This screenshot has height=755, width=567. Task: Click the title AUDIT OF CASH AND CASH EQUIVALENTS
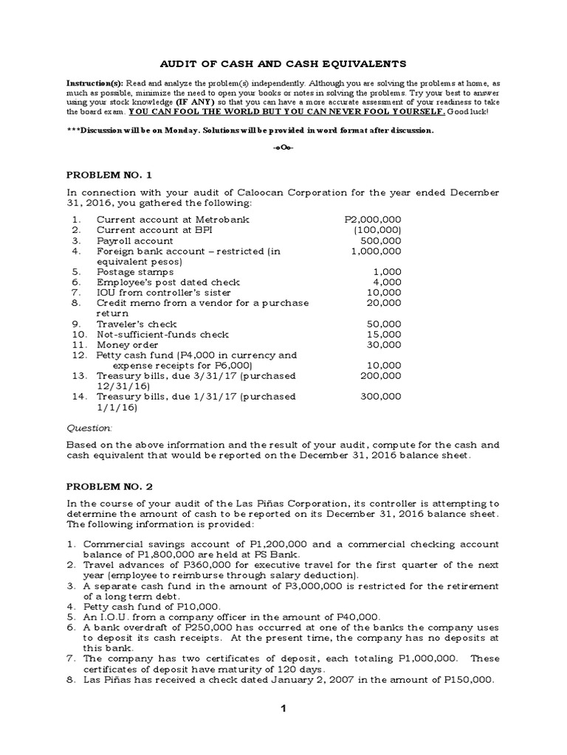pyautogui.click(x=283, y=64)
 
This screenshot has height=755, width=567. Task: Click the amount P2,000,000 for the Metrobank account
pyautogui.click(x=373, y=220)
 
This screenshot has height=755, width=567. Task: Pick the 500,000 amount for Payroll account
pyautogui.click(x=381, y=240)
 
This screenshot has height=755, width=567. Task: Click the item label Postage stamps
pyautogui.click(x=135, y=271)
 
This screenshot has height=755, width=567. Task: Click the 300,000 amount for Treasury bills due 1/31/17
pyautogui.click(x=381, y=396)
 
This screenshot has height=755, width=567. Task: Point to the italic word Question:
pyautogui.click(x=89, y=428)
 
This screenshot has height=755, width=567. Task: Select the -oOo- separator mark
pyautogui.click(x=283, y=147)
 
